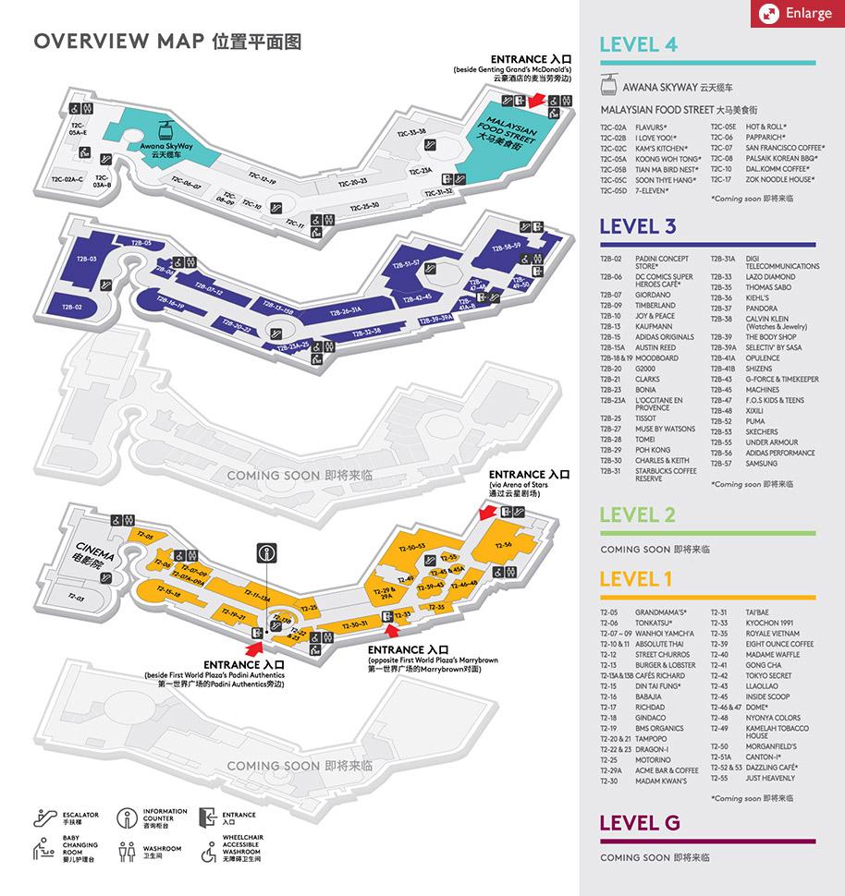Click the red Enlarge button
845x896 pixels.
(796, 14)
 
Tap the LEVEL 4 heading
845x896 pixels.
(638, 44)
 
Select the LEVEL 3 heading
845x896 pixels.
(638, 226)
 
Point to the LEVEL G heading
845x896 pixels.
(640, 822)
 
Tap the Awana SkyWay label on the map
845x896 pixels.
(165, 147)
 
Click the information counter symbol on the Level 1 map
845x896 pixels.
(266, 554)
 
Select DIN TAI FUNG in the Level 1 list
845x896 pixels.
(657, 686)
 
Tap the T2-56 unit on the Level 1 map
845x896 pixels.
(503, 545)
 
